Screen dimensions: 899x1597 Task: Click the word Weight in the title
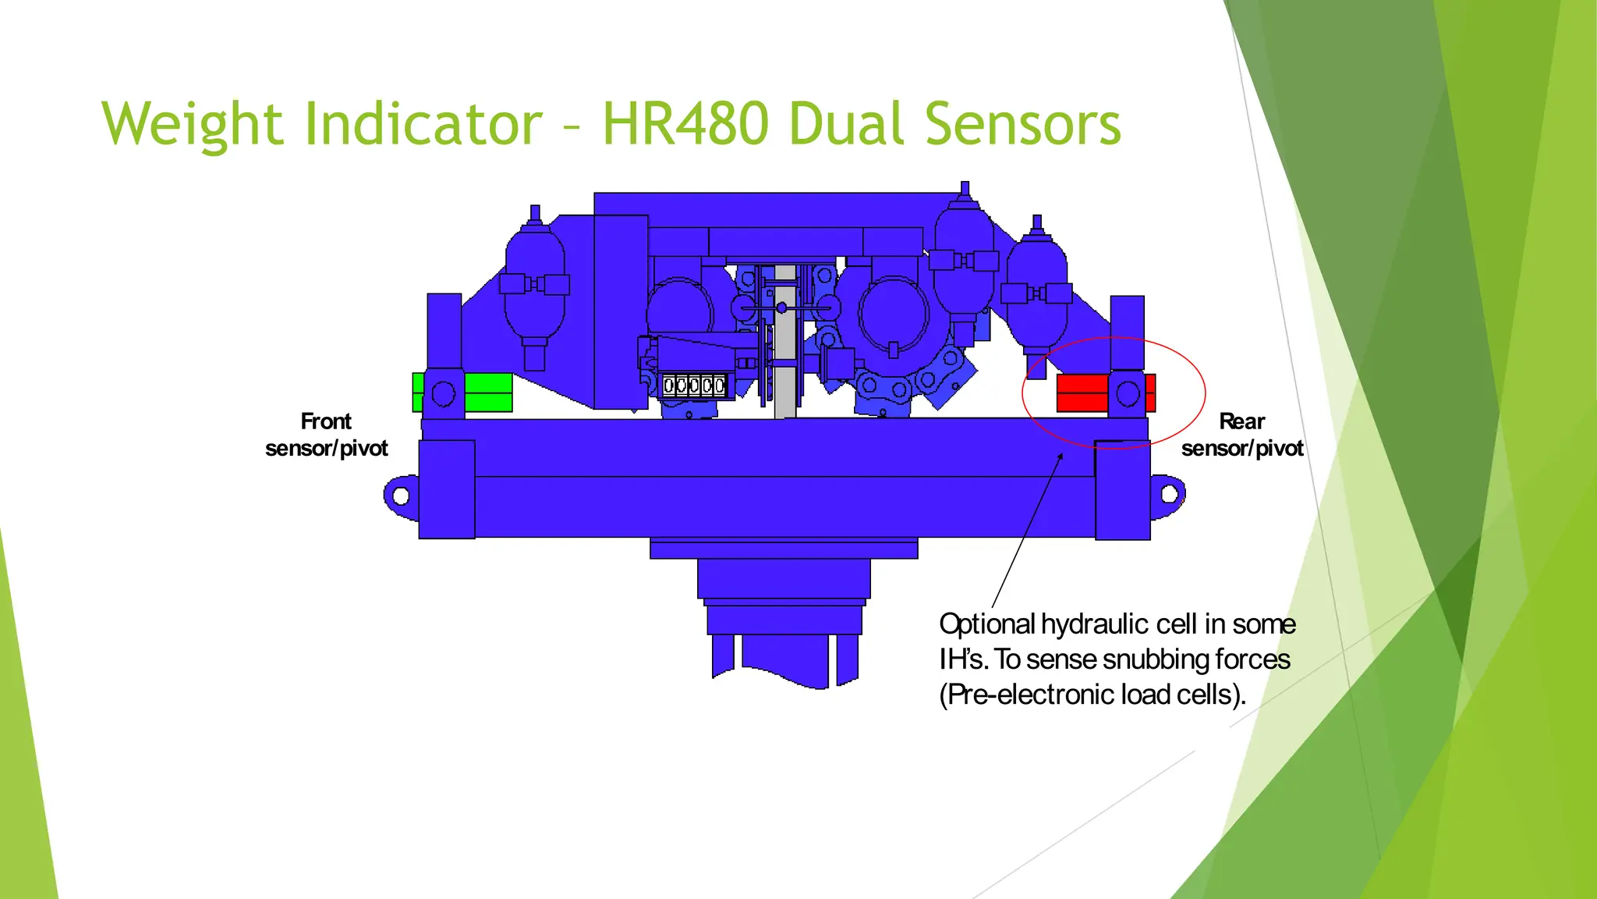tap(191, 125)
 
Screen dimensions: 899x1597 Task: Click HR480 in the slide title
tap(685, 125)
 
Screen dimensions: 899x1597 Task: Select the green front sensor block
tap(488, 392)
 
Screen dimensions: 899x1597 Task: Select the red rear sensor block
tap(1082, 393)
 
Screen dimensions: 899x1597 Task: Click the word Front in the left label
tap(326, 421)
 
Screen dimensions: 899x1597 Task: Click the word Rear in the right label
tap(1241, 421)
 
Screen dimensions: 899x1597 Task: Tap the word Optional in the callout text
tap(986, 624)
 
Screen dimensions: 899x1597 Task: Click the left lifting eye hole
tap(401, 496)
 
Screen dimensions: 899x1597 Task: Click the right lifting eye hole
tap(1170, 494)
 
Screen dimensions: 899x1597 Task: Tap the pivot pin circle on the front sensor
tap(444, 393)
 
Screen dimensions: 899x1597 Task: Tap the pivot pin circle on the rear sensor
tap(1128, 393)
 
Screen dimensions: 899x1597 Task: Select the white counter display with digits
tap(693, 386)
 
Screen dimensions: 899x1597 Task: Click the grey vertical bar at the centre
tap(785, 343)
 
